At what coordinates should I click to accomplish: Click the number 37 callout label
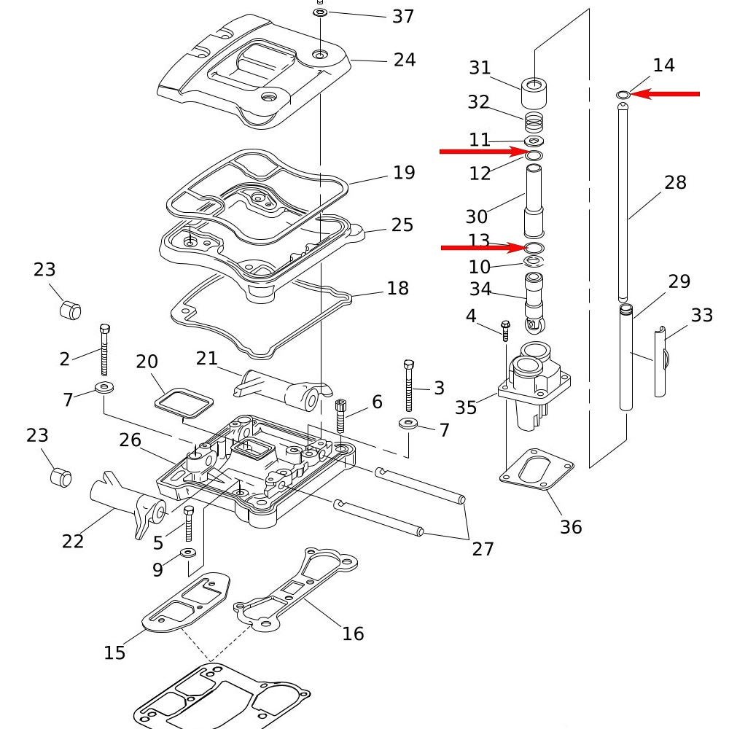(x=403, y=16)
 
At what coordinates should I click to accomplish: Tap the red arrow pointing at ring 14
(x=665, y=94)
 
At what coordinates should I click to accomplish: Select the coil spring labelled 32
(x=534, y=122)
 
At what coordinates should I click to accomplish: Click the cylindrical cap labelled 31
(x=534, y=93)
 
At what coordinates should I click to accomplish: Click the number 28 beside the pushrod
(x=675, y=182)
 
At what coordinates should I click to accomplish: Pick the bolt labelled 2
(x=104, y=350)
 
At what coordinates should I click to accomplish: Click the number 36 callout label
(x=571, y=527)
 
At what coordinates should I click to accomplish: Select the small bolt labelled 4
(x=505, y=330)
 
